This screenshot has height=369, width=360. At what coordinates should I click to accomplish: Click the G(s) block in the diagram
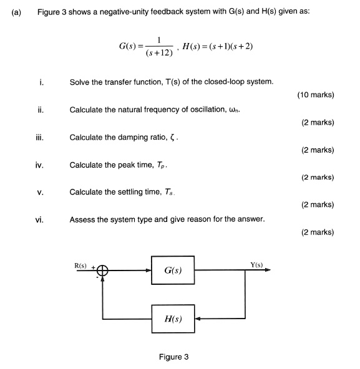click(x=173, y=271)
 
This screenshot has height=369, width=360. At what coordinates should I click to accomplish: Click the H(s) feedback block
click(x=173, y=319)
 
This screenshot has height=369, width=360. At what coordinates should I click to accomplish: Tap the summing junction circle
click(x=102, y=271)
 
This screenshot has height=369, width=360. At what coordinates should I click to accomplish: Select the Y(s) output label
click(x=256, y=265)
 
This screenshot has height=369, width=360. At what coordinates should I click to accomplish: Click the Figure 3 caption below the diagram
click(x=173, y=357)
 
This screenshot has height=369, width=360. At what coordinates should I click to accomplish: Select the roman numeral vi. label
click(x=40, y=219)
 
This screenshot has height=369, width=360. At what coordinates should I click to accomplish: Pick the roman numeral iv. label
click(x=39, y=165)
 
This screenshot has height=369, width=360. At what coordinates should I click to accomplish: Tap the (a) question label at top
click(x=16, y=12)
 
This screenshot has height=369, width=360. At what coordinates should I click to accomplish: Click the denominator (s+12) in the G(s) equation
click(x=160, y=54)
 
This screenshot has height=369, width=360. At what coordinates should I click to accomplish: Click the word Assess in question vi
click(x=82, y=219)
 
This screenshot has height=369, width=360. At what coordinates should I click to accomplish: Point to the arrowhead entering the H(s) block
click(x=198, y=319)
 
